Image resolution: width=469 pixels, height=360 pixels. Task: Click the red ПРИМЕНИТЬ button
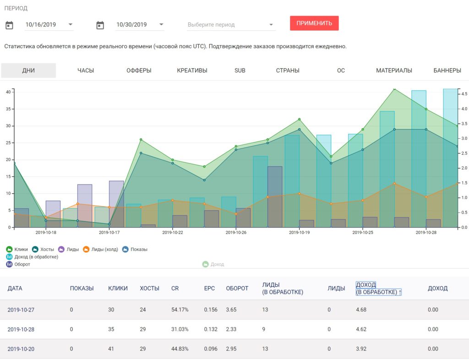[x=314, y=23]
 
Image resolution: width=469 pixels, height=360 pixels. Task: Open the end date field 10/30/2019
[x=140, y=25]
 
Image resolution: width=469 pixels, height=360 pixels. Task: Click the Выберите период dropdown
[x=231, y=25]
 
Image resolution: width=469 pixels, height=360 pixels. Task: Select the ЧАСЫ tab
[x=86, y=71]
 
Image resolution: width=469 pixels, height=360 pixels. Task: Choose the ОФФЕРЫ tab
[x=139, y=71]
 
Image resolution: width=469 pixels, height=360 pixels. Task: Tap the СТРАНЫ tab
[x=288, y=71]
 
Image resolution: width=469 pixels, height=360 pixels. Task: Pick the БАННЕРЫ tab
[x=447, y=71]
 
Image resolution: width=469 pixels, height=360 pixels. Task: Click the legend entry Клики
[x=17, y=249]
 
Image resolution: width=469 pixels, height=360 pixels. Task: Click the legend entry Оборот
[x=18, y=264]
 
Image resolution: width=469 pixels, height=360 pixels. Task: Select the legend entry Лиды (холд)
[x=100, y=249]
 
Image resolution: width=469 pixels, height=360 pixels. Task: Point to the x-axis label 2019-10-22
[x=173, y=232]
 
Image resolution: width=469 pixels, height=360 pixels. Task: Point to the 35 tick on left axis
[x=8, y=109]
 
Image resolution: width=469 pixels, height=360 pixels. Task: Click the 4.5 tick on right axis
[x=464, y=94]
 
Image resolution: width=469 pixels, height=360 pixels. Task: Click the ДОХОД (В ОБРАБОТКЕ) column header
[x=378, y=289]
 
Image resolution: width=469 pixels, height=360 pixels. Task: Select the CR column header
[x=175, y=289]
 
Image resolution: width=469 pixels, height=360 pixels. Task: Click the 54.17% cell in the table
[x=180, y=310]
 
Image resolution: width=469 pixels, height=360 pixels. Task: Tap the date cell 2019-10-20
[x=21, y=349]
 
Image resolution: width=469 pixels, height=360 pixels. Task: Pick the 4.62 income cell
[x=361, y=329]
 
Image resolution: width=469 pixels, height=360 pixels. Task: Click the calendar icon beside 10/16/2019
[x=9, y=25]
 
